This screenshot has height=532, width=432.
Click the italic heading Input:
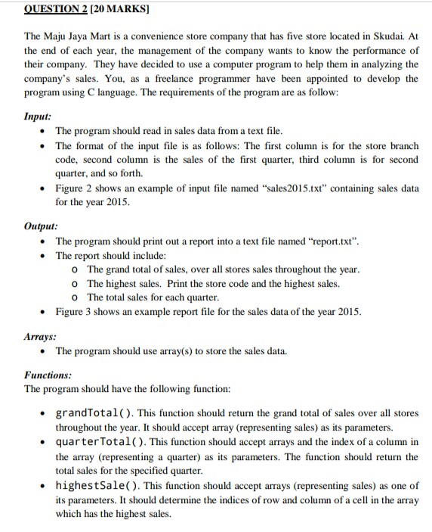38,118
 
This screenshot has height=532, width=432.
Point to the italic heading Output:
42,226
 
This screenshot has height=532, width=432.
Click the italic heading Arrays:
41,335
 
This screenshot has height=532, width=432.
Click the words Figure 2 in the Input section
75,189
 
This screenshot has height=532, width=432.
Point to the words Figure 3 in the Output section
75,313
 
